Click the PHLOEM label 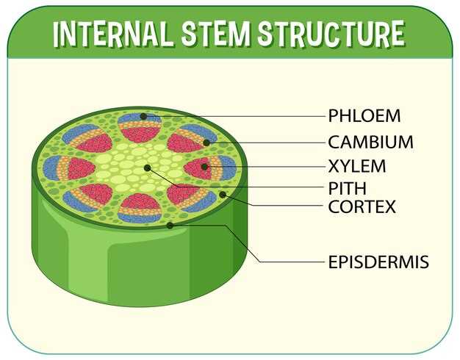point(364,115)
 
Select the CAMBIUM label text point(370,142)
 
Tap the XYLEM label point(356,166)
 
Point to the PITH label point(347,188)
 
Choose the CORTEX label point(362,206)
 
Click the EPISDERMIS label point(378,262)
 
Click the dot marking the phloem point(143,117)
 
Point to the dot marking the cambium point(206,143)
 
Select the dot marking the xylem point(205,167)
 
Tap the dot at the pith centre point(148,168)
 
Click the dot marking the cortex point(223,194)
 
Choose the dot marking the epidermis point(170,226)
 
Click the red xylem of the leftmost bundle point(80,168)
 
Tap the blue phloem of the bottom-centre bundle point(140,217)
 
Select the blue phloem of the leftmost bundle point(51,168)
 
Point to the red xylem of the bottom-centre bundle point(140,201)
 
